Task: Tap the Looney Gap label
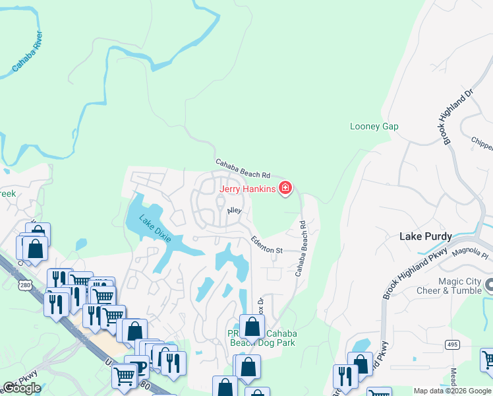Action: [374, 126]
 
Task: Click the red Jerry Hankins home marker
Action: [285, 189]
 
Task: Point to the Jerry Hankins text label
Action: [247, 189]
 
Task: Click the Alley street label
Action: [235, 211]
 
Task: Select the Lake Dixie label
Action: [155, 228]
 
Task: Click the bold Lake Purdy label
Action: [426, 236]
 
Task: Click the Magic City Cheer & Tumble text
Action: [451, 286]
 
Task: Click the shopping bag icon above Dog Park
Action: [251, 325]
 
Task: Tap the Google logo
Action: [21, 388]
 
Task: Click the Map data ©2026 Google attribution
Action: [452, 391]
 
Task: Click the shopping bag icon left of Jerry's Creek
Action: [36, 247]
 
